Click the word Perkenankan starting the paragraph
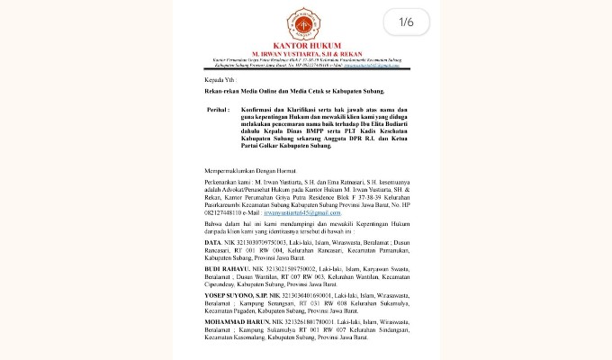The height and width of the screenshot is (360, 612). pyautogui.click(x=221, y=182)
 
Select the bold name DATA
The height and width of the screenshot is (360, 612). pyautogui.click(x=211, y=242)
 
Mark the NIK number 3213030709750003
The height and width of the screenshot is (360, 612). pyautogui.click(x=260, y=242)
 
